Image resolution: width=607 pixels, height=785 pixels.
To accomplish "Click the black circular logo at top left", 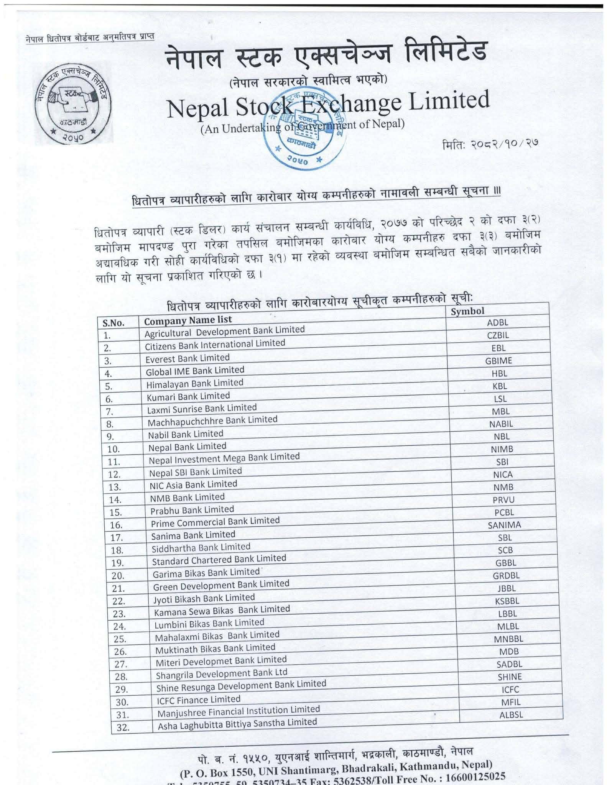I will tap(74, 104).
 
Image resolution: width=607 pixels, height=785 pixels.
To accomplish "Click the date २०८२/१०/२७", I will tap(490, 145).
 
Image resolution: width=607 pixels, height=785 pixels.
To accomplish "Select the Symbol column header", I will tap(467, 311).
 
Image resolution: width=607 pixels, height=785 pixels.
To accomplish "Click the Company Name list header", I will tap(188, 320).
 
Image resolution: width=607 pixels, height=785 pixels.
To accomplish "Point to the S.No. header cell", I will tap(114, 323).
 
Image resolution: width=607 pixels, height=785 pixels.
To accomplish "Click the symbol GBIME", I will tap(498, 360).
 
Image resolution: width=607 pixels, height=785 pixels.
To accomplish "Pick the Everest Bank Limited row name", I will tap(188, 358).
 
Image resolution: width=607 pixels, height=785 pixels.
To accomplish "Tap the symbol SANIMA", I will tap(504, 525).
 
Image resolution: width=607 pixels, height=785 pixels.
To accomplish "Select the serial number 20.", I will tap(118, 576).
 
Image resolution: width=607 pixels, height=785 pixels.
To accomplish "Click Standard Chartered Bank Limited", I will tap(219, 560).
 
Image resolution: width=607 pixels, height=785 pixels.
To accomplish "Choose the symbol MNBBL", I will tap(508, 639).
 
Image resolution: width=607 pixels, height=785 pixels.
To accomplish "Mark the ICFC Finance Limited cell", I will tap(199, 700).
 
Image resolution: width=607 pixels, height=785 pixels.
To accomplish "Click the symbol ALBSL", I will tap(511, 714).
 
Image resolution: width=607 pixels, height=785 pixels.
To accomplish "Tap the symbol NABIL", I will tap(501, 424).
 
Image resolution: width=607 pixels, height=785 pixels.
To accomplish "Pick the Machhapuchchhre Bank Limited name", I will tap(212, 420).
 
